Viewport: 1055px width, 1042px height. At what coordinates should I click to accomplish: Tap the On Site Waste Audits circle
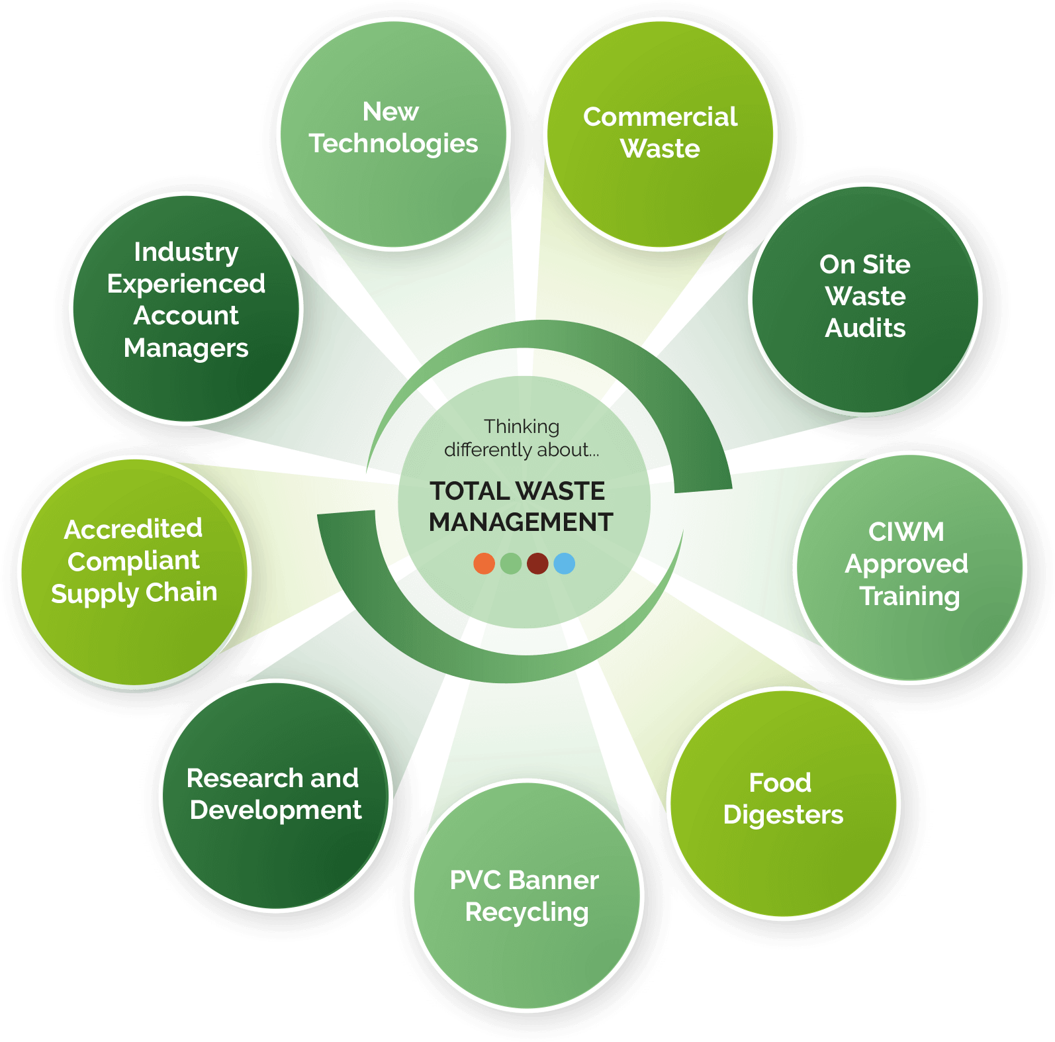click(865, 299)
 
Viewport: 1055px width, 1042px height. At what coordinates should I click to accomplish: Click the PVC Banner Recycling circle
click(527, 896)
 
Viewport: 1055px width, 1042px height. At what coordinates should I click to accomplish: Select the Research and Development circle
click(275, 795)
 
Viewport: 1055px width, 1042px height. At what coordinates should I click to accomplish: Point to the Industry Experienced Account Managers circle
click(186, 308)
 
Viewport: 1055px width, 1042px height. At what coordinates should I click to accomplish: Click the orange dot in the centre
click(484, 563)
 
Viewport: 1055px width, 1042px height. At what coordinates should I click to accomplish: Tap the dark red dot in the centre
click(537, 563)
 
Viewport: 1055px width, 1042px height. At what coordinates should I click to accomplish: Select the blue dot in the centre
click(565, 563)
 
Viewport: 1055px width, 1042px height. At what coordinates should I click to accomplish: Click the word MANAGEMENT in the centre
click(521, 522)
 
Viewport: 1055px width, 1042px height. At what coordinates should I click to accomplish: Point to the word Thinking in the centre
click(522, 426)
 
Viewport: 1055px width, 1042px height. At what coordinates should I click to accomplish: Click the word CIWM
click(906, 532)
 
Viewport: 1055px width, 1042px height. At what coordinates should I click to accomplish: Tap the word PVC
click(475, 880)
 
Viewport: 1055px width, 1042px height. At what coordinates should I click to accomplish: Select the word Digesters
click(784, 815)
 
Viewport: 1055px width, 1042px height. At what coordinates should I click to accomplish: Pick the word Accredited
click(133, 529)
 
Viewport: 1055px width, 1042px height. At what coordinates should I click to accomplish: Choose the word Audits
click(865, 328)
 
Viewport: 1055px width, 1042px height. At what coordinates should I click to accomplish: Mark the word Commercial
click(660, 117)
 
